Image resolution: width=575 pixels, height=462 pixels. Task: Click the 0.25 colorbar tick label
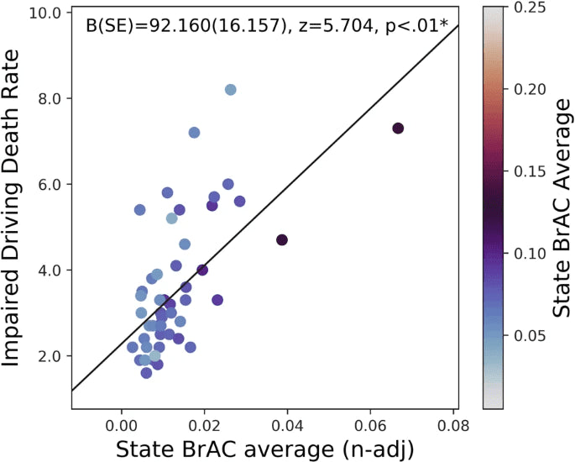[528, 8]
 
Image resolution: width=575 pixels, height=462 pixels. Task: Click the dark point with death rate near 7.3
[398, 128]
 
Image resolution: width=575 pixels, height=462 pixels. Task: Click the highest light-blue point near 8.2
[230, 90]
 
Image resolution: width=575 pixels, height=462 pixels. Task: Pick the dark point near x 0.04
[282, 240]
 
